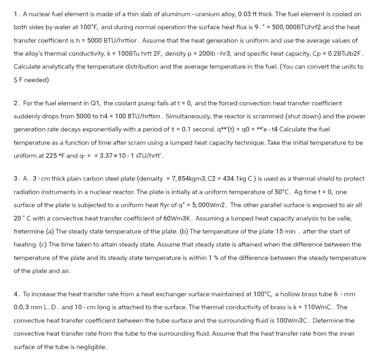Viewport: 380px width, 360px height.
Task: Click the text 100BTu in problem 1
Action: [128, 53]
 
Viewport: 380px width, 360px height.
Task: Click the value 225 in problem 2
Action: [51, 156]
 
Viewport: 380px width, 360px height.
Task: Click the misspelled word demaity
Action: [151, 179]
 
